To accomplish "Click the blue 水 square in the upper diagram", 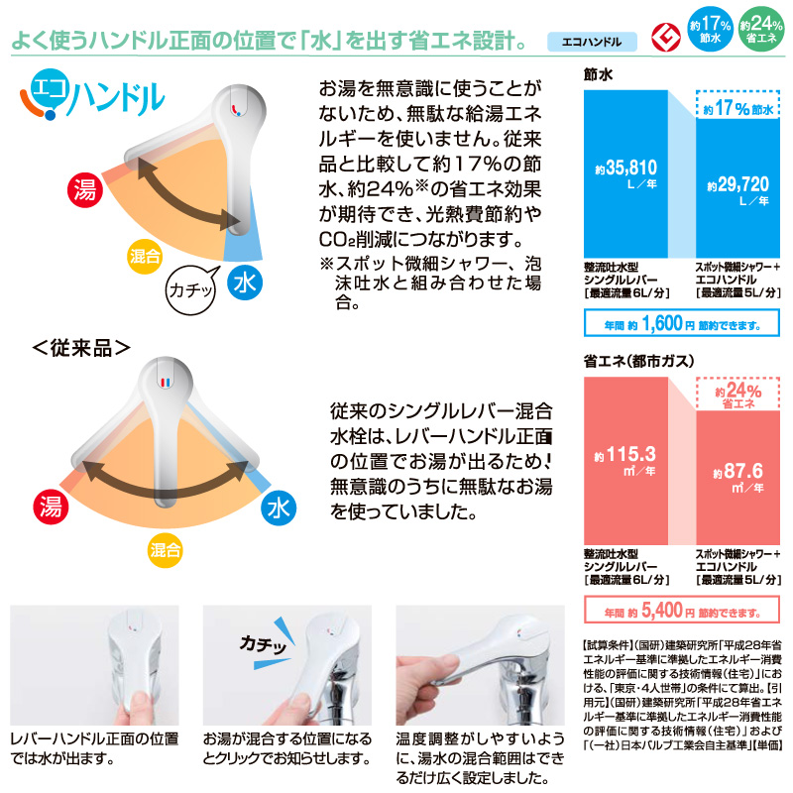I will [243, 283].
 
